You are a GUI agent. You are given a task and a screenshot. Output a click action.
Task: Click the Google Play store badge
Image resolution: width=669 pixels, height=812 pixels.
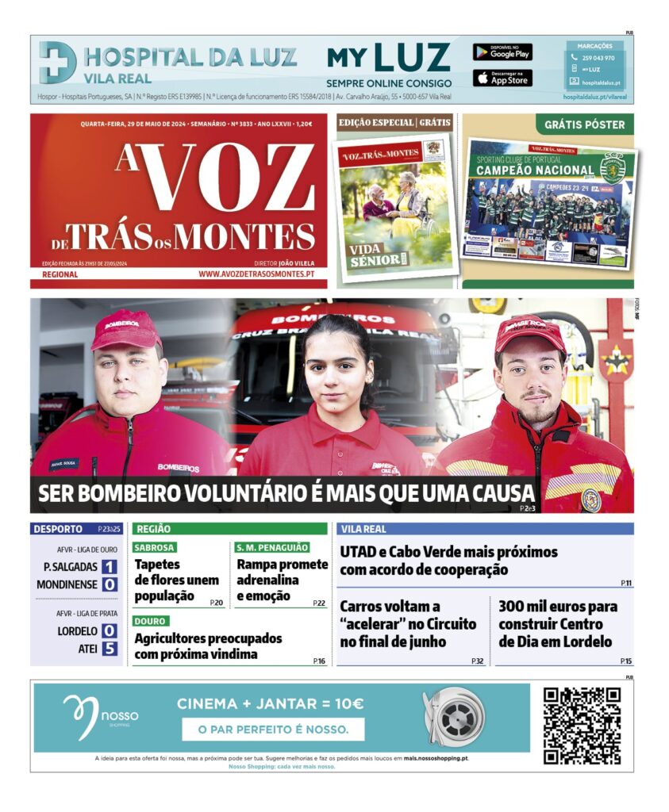click(502, 52)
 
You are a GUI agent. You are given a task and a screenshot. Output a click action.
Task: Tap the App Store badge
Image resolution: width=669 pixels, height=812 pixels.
click(502, 78)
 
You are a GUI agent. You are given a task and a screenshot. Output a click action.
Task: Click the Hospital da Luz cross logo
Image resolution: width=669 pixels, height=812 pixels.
click(58, 63)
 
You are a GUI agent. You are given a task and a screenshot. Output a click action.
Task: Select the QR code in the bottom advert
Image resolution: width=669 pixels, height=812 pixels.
click(582, 726)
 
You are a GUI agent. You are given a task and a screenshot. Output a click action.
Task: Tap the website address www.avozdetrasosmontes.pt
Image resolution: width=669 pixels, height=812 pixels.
click(256, 274)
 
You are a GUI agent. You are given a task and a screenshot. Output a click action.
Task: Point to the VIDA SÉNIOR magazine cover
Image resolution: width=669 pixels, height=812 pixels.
click(394, 209)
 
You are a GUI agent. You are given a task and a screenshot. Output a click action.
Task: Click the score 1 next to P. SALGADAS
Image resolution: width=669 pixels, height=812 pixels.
click(109, 567)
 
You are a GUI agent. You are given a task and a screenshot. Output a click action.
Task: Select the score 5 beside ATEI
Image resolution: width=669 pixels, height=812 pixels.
click(109, 649)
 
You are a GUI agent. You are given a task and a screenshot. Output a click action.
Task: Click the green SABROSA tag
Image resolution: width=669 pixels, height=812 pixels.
click(155, 547)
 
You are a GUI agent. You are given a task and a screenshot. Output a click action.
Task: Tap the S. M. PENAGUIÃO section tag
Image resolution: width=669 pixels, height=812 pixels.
click(272, 547)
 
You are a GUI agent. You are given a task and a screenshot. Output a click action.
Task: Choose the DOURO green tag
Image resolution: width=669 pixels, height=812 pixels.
click(151, 621)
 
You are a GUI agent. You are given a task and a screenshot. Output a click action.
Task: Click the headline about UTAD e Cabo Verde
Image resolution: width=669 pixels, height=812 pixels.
click(448, 561)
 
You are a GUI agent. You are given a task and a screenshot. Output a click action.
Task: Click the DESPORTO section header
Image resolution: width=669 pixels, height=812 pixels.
click(57, 529)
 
